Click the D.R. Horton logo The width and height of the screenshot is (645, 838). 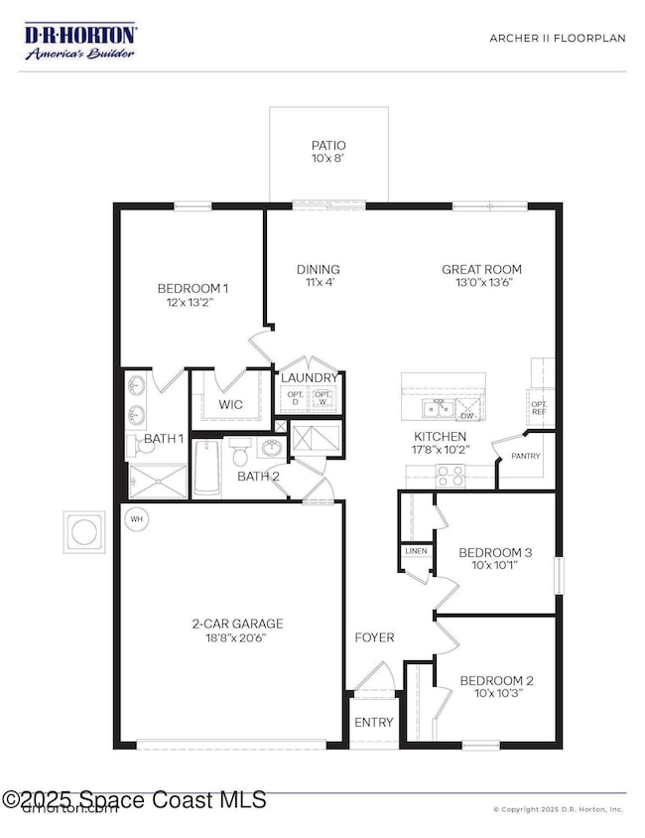click(80, 43)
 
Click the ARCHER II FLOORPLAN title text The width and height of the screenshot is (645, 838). click(558, 38)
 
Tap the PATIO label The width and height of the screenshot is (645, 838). click(326, 145)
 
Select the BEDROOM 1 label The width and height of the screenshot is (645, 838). click(193, 289)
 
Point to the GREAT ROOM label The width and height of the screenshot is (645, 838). click(481, 269)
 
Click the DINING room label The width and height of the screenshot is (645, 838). click(318, 269)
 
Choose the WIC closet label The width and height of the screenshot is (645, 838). click(230, 405)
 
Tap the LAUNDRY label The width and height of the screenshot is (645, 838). click(310, 378)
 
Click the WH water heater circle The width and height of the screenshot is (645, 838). click(136, 518)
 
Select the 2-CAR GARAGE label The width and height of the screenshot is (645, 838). click(237, 624)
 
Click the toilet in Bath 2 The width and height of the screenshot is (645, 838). click(240, 454)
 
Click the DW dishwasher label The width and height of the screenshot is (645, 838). click(466, 416)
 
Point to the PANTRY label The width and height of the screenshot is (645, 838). click(525, 458)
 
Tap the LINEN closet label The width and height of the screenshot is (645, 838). click(416, 551)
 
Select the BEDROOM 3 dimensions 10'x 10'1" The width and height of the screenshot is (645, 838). click(495, 568)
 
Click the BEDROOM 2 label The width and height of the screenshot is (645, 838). click(496, 680)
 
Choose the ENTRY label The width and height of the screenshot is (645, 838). click(374, 722)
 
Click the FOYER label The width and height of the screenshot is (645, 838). click(374, 637)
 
